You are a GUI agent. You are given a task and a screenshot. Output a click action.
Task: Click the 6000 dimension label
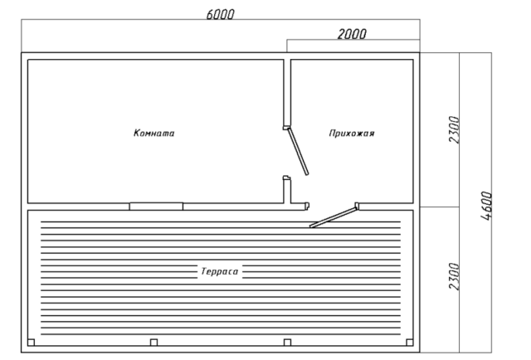(220, 14)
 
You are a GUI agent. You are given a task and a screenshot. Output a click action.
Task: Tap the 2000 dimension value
(352, 34)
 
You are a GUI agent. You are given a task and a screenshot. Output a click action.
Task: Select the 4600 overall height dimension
(486, 206)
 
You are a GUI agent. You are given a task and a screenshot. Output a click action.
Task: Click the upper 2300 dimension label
(454, 129)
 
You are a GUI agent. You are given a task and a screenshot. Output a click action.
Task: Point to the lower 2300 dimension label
(454, 276)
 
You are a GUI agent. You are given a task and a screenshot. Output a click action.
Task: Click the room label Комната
(154, 133)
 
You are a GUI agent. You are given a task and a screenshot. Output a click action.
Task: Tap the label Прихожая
(352, 133)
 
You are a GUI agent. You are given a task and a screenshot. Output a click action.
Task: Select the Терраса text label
(220, 271)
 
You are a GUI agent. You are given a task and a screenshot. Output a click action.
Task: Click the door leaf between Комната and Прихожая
(298, 151)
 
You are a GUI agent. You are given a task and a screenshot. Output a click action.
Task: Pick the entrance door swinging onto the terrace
(334, 217)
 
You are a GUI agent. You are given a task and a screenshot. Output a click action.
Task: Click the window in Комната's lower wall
(156, 207)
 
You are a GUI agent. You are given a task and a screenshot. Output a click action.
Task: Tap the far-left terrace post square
(32, 343)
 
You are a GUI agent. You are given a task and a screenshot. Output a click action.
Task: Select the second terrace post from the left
(153, 343)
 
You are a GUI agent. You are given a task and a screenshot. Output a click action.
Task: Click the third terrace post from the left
(287, 343)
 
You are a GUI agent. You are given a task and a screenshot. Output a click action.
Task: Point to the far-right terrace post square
(409, 343)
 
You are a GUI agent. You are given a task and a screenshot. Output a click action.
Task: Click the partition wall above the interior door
(287, 93)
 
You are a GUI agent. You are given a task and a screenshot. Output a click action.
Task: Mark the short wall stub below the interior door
(287, 190)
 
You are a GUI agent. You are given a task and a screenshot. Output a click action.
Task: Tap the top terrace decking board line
(221, 221)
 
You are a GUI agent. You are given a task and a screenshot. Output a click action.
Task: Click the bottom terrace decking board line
(221, 334)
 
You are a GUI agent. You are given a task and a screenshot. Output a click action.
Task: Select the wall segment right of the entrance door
(386, 207)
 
